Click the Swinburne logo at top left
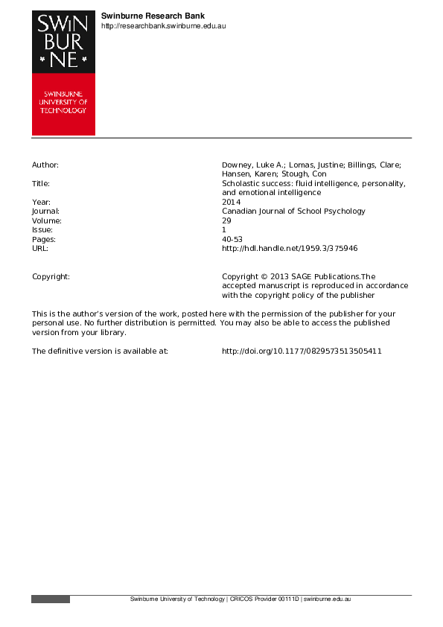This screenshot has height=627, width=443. (x=63, y=72)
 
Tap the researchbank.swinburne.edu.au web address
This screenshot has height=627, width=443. (x=163, y=26)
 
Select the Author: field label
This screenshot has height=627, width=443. (x=45, y=165)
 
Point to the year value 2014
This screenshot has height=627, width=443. (x=231, y=202)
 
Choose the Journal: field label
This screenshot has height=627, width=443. (x=46, y=211)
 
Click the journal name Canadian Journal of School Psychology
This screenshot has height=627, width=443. (x=294, y=211)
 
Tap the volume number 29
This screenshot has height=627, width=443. (x=227, y=220)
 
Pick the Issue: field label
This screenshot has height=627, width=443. (x=42, y=230)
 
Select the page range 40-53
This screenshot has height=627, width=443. (x=233, y=239)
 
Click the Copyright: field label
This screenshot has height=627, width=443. (x=51, y=276)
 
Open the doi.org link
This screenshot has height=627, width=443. (x=302, y=351)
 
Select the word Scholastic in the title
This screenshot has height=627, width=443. (x=241, y=183)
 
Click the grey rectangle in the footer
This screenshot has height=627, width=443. (x=51, y=599)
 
